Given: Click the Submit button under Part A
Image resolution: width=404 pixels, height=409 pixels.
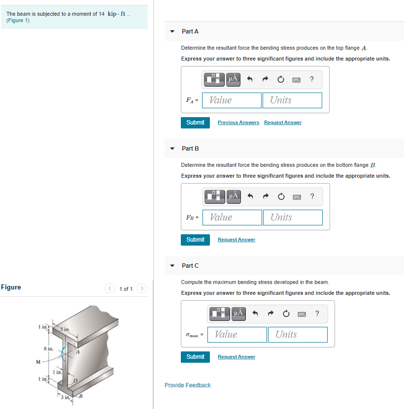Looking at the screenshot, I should [195, 123].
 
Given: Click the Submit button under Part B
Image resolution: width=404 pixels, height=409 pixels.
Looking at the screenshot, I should [195, 240].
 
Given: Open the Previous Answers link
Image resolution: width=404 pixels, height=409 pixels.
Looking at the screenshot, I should [238, 123].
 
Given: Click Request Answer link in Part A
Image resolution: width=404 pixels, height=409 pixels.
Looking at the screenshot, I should [282, 123].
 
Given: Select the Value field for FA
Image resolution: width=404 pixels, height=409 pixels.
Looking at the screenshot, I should [233, 100].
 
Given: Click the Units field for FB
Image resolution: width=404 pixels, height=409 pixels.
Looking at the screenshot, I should [293, 218].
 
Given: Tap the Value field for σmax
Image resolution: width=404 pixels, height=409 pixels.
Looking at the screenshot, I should [237, 335].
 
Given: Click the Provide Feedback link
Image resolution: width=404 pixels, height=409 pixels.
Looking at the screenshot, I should [187, 385].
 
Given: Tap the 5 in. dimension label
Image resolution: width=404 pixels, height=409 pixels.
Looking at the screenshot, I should [65, 328].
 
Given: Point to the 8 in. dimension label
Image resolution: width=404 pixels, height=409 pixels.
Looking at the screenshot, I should [48, 348].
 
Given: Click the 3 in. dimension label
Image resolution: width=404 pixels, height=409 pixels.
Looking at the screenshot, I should [65, 397].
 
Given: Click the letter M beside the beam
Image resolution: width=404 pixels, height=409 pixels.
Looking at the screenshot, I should [38, 364].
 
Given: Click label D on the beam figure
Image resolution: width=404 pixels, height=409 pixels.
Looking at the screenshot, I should [76, 381].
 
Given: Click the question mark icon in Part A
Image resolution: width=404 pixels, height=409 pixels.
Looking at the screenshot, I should [312, 79].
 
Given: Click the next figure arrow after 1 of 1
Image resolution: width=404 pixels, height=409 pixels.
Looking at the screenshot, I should [142, 288].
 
